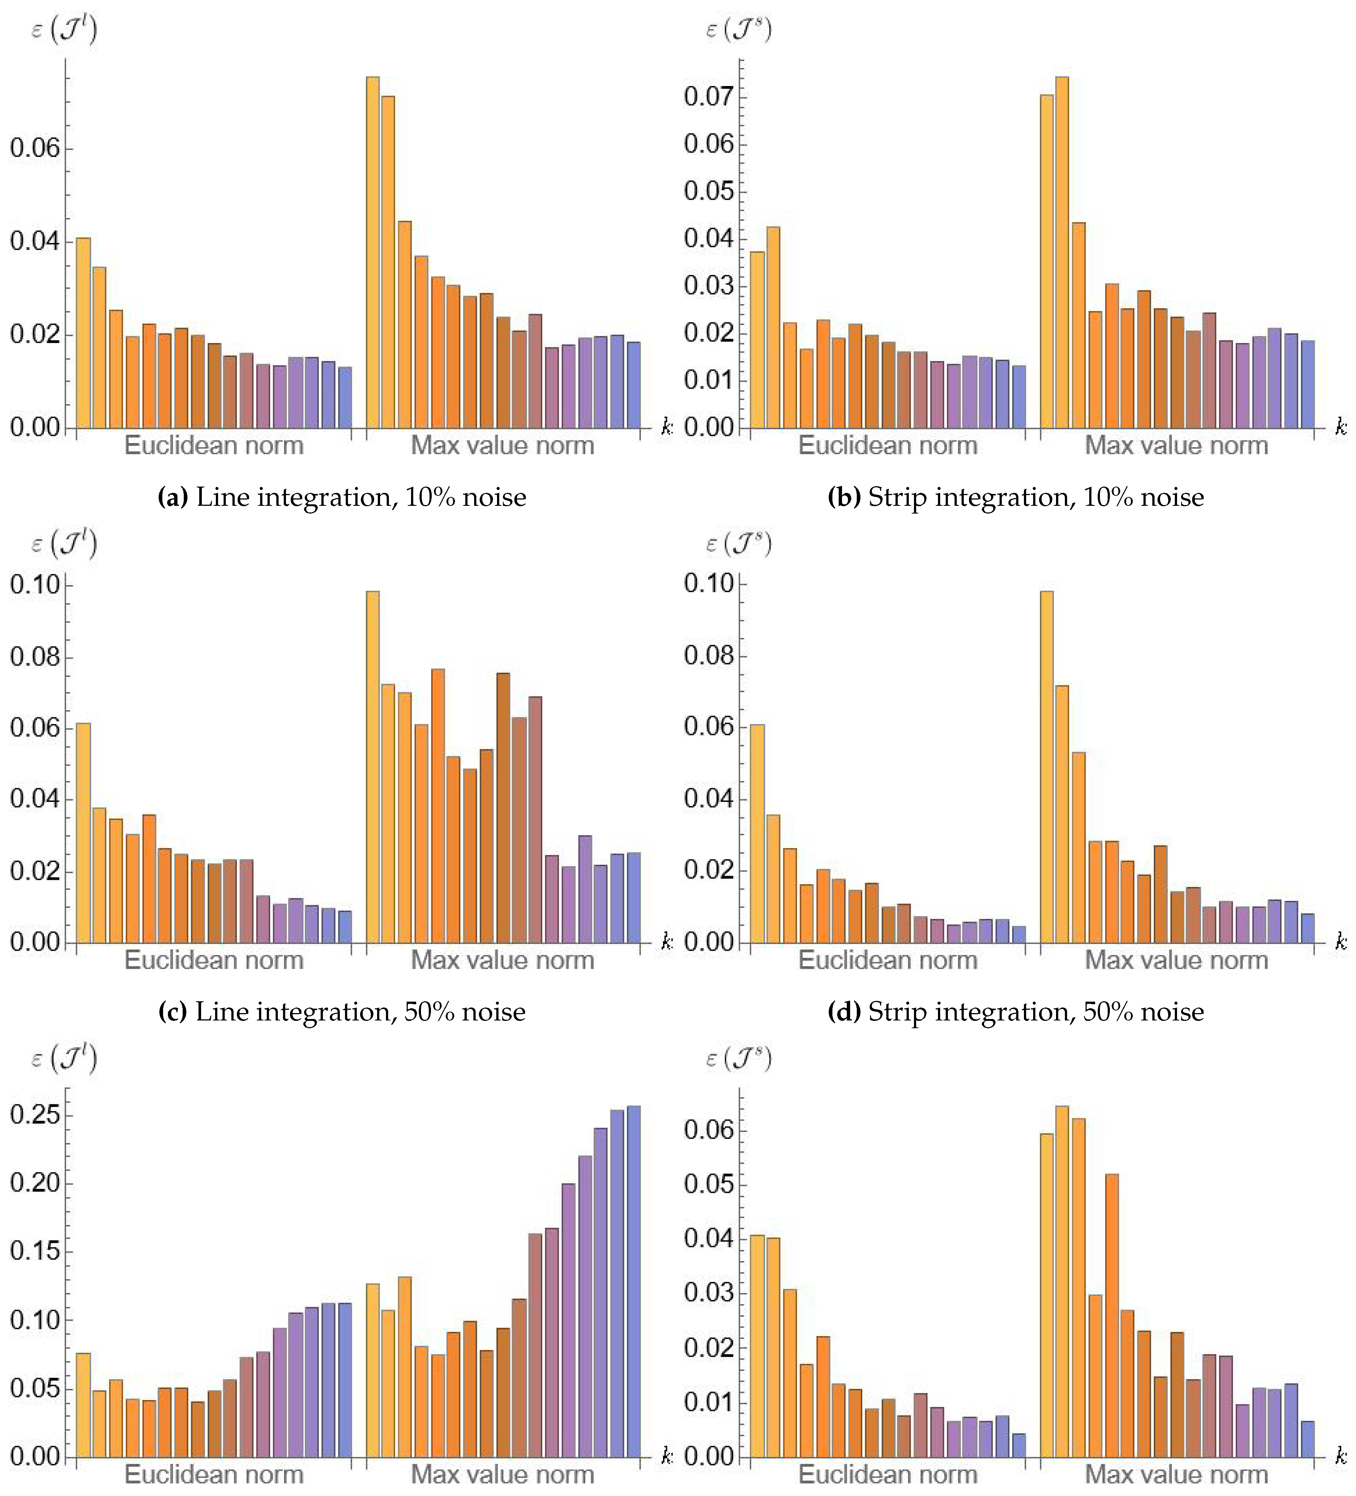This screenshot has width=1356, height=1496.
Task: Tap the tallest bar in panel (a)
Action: coord(372,252)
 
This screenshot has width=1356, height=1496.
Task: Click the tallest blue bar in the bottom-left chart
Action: coord(634,1281)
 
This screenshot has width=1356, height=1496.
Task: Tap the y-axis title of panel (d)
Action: coord(738,545)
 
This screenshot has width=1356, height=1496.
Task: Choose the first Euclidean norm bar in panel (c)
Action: coord(83,833)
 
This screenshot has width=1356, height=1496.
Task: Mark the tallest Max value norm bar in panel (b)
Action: coord(1062,252)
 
